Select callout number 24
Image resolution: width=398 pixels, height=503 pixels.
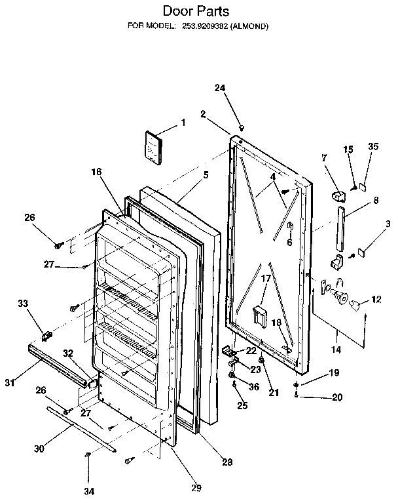click(x=220, y=88)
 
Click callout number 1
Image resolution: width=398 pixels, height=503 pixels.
click(x=183, y=122)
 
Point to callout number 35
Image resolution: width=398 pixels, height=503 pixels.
click(x=373, y=147)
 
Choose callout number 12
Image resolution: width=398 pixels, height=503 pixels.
click(x=376, y=300)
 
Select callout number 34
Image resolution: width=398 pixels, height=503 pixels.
click(x=88, y=491)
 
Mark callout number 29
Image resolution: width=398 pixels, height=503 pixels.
click(x=196, y=487)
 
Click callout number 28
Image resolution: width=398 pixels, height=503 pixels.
click(x=227, y=462)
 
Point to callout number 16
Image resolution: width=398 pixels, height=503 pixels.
click(x=96, y=171)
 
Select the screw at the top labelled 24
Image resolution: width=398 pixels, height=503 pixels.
click(x=242, y=127)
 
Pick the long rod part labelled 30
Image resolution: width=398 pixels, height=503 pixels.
click(x=82, y=429)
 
